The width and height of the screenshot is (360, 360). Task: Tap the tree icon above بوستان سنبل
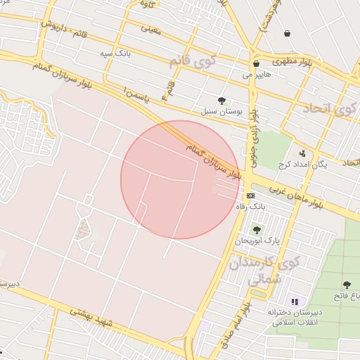(x=223, y=101)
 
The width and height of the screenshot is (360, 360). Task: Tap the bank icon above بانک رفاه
(x=250, y=195)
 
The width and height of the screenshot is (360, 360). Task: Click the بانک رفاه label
(x=252, y=207)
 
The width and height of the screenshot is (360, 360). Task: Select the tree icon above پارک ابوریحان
(x=256, y=229)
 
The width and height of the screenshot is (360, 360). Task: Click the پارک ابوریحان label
(x=252, y=241)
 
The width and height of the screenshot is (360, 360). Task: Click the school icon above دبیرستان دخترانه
(x=295, y=301)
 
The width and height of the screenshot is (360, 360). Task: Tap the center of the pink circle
(x=180, y=179)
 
